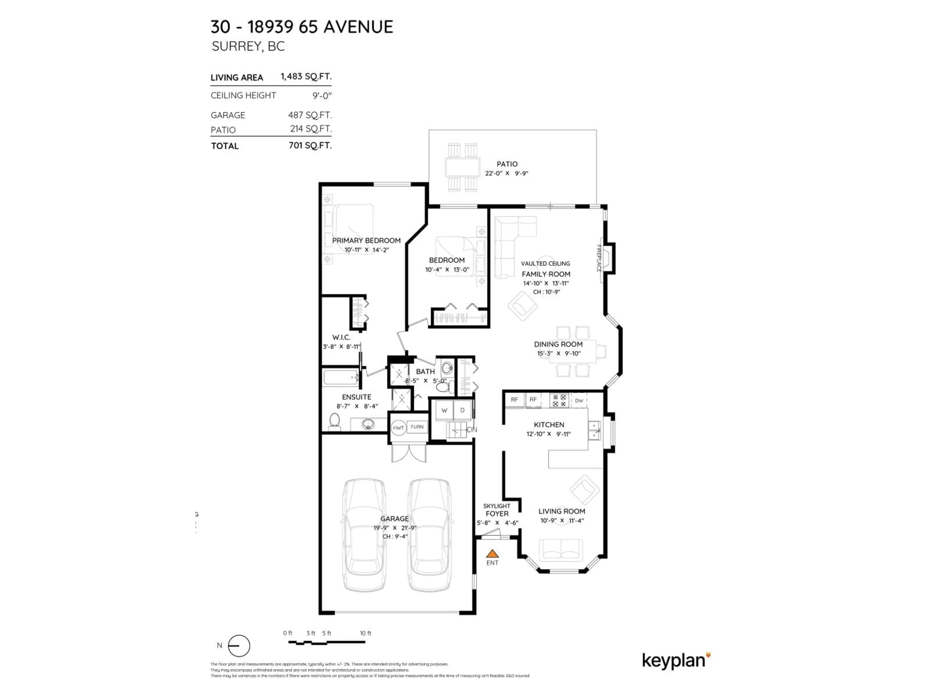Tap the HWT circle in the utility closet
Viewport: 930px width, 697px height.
coord(398,428)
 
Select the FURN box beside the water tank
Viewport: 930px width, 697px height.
coord(417,427)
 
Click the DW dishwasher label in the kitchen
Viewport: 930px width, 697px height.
coord(579,400)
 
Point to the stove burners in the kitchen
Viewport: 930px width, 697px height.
coord(559,400)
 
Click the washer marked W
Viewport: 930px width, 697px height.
coord(444,410)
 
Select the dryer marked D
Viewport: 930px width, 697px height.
coord(463,410)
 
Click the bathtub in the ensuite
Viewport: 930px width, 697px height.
coord(341,377)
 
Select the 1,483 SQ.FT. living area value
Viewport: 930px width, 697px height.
coord(306,76)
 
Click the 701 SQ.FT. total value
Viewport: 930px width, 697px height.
coord(310,145)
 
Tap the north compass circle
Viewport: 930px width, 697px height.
coord(239,646)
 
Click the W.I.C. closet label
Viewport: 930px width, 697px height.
coord(341,337)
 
